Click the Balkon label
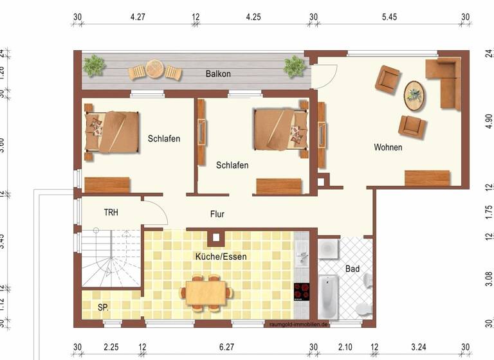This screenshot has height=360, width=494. point(218,74)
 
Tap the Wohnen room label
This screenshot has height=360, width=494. point(388,148)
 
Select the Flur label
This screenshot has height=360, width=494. point(217,214)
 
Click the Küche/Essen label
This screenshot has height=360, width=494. point(221,256)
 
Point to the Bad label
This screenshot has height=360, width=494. point(352,269)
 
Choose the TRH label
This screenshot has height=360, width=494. point(111,212)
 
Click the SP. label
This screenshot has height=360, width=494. point(103,308)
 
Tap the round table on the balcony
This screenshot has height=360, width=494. point(154,68)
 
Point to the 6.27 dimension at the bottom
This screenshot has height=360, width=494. point(226,347)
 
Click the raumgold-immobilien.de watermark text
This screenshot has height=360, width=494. point(300,325)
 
